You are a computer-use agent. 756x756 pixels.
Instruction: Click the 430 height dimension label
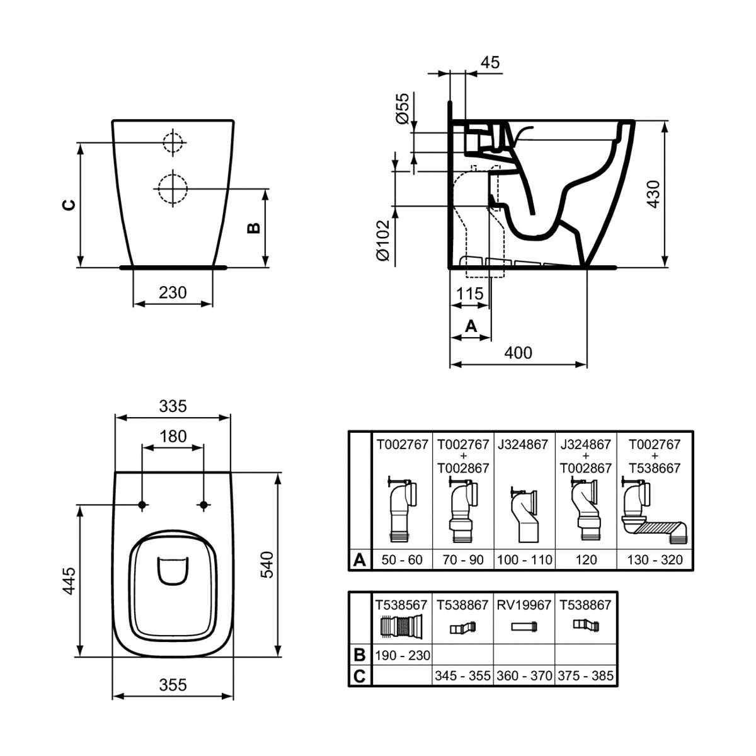(653, 195)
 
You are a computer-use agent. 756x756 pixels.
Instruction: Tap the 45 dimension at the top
(490, 62)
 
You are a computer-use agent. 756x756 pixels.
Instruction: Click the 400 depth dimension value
(518, 353)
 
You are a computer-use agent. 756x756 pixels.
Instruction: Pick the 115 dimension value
(470, 294)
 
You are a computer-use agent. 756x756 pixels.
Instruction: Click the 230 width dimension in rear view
(173, 292)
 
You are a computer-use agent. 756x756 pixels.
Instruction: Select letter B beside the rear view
(253, 227)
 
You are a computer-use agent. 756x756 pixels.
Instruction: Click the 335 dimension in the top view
(173, 406)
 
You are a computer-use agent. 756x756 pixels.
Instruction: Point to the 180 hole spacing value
(173, 436)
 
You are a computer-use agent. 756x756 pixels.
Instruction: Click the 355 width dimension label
(173, 684)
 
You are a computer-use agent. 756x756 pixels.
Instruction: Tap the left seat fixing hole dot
(142, 505)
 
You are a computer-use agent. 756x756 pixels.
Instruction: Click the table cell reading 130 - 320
(655, 559)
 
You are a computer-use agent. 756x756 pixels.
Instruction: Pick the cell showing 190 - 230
(403, 655)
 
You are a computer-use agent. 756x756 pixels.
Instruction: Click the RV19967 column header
(524, 605)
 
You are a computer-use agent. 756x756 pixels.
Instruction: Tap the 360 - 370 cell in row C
(524, 676)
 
